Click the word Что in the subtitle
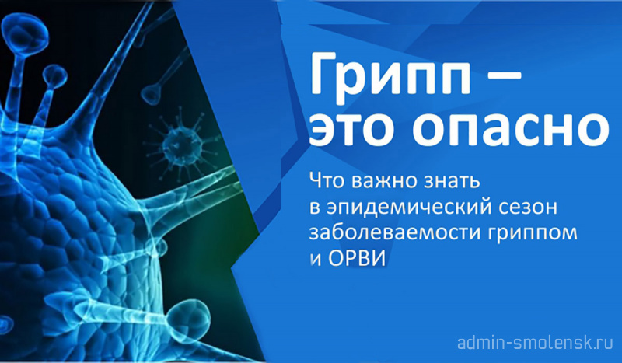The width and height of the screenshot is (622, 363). [327, 181]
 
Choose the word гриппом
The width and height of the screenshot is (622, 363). [531, 235]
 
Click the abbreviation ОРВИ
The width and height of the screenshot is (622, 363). [357, 259]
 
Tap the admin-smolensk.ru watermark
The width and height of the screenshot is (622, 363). [535, 343]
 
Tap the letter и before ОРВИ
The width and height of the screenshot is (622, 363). [315, 260]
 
